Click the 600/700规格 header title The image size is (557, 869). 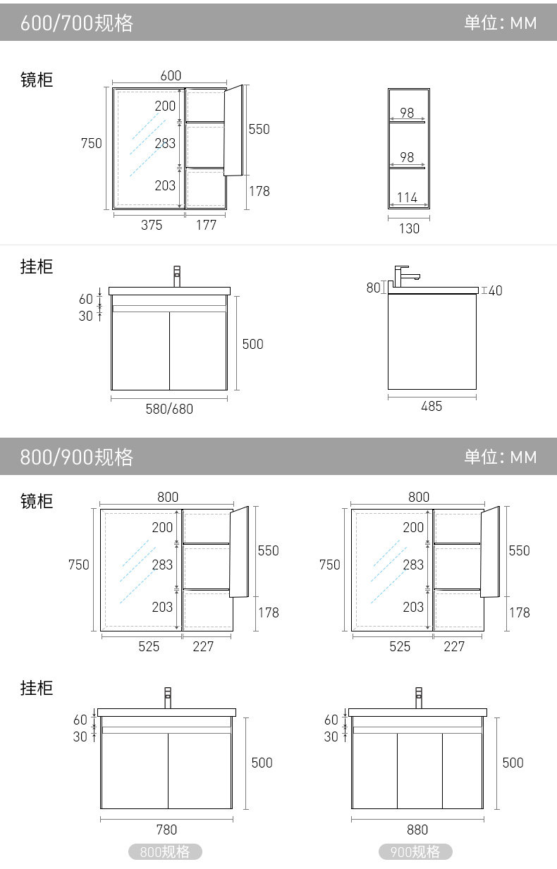77,23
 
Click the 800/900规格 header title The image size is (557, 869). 77,457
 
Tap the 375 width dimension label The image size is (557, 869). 152,225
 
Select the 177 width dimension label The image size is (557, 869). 206,225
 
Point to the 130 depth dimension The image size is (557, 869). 409,228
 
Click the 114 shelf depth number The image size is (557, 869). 407,198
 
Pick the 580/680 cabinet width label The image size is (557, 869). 169,409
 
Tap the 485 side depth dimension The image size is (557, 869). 431,407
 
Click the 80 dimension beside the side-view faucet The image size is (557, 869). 373,288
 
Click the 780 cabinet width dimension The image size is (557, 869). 166,830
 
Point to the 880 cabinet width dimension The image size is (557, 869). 417,830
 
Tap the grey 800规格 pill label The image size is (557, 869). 165,852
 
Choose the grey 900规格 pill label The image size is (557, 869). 416,852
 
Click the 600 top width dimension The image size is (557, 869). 171,76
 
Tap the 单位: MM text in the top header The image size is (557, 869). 500,23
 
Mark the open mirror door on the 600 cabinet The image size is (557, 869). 233,130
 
